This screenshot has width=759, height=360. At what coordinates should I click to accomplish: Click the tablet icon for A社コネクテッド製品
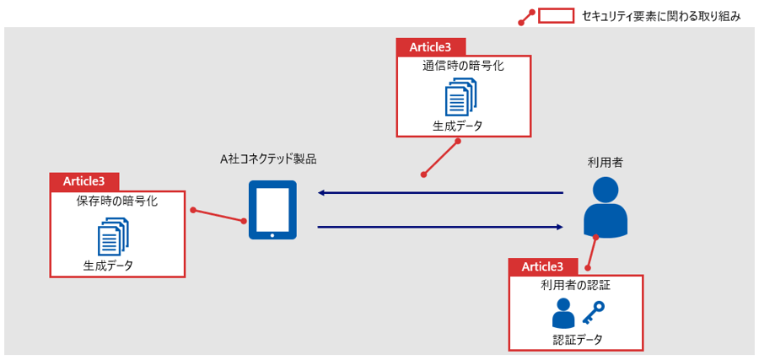pos(272,211)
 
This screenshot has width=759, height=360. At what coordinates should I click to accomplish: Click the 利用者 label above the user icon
pos(606,162)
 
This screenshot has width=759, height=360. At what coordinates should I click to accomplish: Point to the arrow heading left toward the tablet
pos(439,194)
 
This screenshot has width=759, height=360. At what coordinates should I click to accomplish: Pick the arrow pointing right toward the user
pos(439,227)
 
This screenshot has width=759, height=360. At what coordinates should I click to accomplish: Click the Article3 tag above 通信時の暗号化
pos(430,46)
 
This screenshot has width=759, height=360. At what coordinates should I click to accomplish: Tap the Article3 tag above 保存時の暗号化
pos(84,181)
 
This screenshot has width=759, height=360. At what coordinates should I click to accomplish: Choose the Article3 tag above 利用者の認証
pos(542,266)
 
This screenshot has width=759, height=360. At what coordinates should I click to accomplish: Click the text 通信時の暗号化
pos(463,67)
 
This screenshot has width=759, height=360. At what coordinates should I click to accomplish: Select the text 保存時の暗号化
pos(117,201)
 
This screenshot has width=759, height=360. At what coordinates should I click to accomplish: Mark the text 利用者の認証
pos(576,287)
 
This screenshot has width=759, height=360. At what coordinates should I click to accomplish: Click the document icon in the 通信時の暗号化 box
pos(460,97)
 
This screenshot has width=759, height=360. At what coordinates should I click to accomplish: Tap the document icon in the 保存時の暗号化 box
pos(113,237)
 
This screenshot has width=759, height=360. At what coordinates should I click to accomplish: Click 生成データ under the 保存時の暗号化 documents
pos(108,266)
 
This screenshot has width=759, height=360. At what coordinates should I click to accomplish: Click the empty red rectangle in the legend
pos(556,15)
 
